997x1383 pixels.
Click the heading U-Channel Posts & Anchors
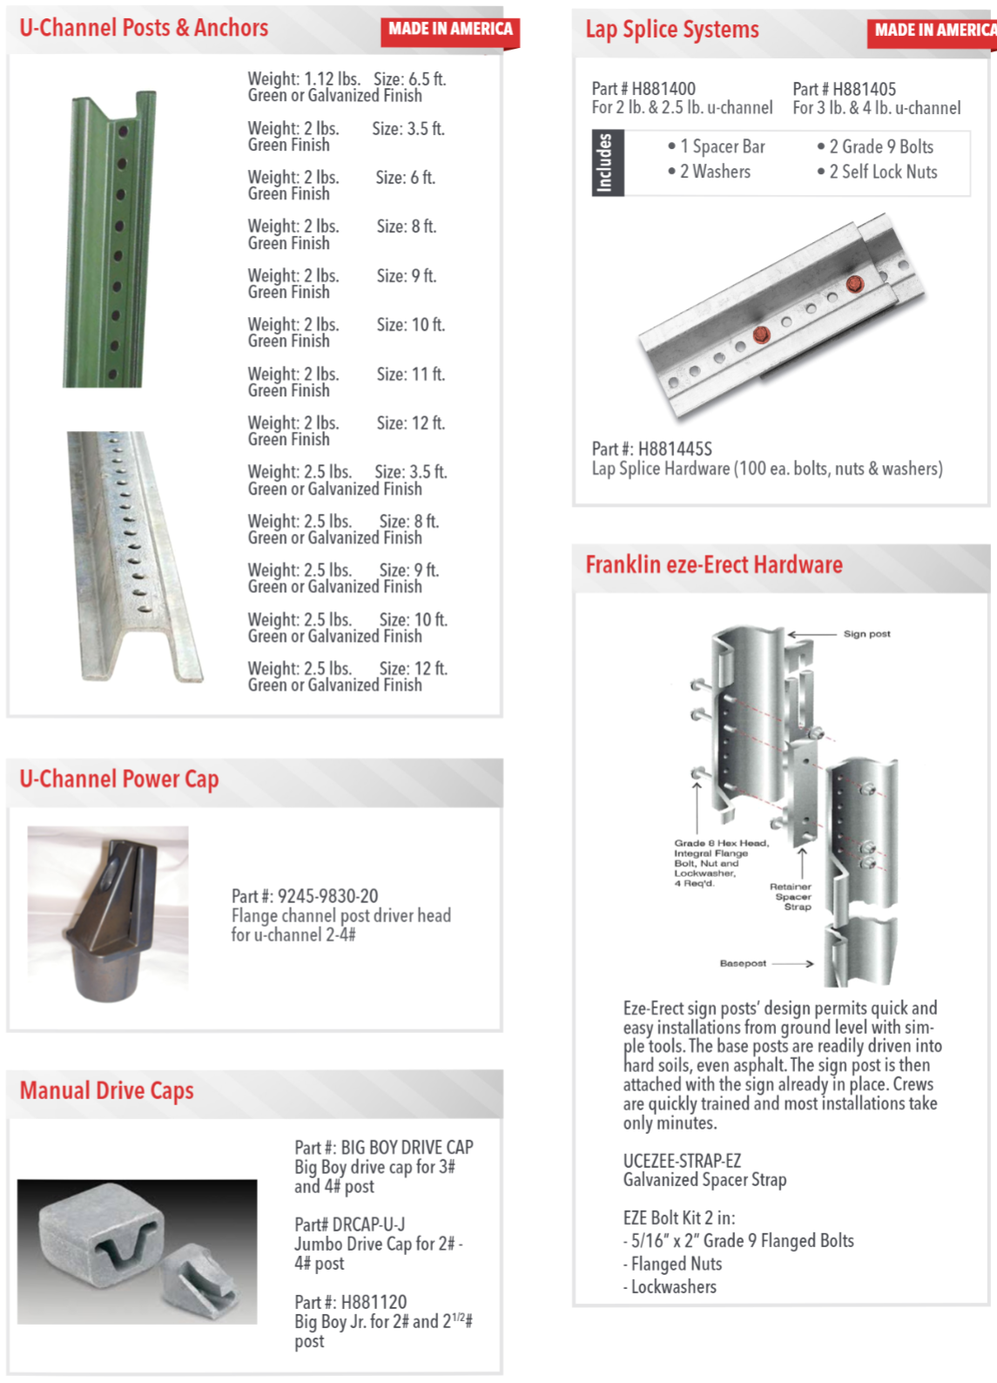click(144, 28)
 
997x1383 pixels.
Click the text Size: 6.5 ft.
click(409, 79)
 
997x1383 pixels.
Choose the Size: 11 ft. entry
click(410, 374)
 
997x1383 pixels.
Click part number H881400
click(663, 89)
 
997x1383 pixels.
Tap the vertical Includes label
click(604, 163)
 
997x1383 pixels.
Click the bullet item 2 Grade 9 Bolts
click(880, 147)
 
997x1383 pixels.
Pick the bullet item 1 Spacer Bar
click(722, 147)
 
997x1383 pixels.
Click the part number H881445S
click(674, 449)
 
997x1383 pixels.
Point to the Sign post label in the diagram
click(866, 634)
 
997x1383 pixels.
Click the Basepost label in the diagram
click(743, 963)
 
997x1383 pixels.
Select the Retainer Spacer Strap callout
click(791, 896)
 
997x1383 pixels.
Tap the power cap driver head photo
click(108, 914)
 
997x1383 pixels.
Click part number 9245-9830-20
click(327, 896)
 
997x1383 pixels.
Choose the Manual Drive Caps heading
click(106, 1090)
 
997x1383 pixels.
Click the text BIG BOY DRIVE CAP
click(407, 1148)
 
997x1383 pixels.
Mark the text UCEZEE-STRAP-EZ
click(682, 1161)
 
